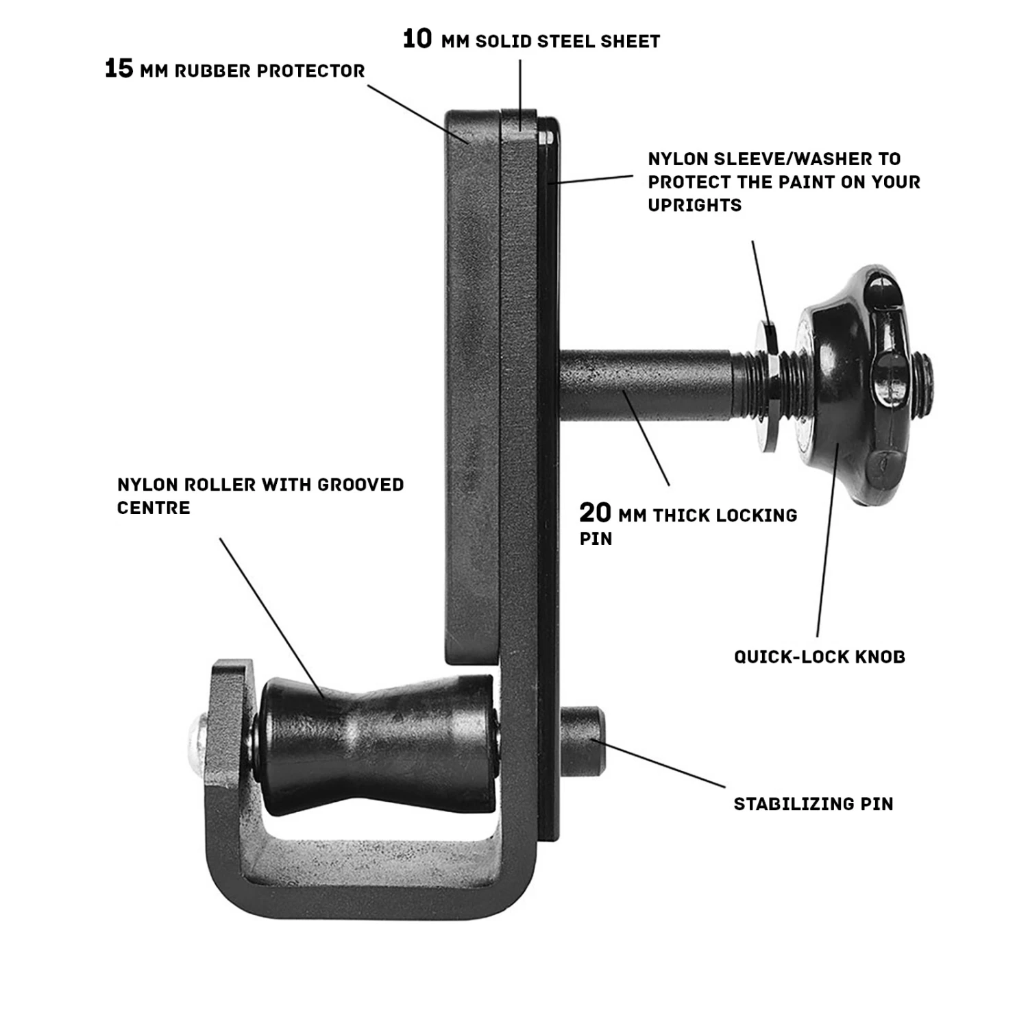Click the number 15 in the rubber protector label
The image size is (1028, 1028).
coord(119,69)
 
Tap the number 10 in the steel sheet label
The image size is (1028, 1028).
coord(417,39)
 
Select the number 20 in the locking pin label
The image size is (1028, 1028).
coord(595,513)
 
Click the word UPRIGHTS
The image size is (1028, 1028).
coord(694,205)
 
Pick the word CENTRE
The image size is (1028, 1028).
coord(153,508)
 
